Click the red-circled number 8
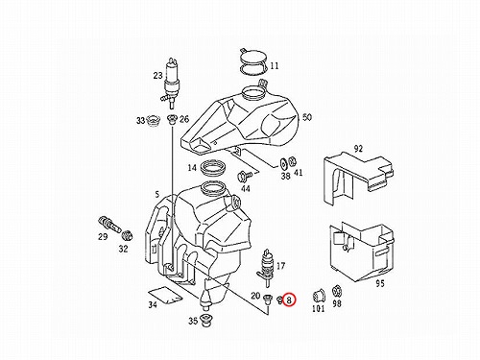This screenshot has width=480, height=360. pos(289,300)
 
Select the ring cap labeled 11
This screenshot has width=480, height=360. pos(253,61)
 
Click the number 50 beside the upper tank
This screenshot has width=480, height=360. pos(306,117)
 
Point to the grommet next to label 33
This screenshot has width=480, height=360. pos(154,121)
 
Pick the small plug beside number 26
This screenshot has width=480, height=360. pos(172,120)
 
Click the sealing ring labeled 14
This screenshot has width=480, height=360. pos(213,167)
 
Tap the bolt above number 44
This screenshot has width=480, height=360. pos(244,176)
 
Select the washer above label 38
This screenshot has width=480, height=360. pos(283,163)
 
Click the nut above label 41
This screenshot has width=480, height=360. pos(292,162)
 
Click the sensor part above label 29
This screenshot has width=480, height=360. pos(108,224)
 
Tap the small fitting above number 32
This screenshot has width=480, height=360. pos(128,235)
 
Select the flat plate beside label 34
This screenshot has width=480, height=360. pos(165,294)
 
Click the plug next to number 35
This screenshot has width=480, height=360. pos(204,321)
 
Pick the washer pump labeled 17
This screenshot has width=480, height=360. pos(265,268)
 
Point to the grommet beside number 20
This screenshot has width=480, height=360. pos(267,300)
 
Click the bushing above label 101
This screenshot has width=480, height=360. pos(319,295)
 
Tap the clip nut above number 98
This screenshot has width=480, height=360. pos(336,292)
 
